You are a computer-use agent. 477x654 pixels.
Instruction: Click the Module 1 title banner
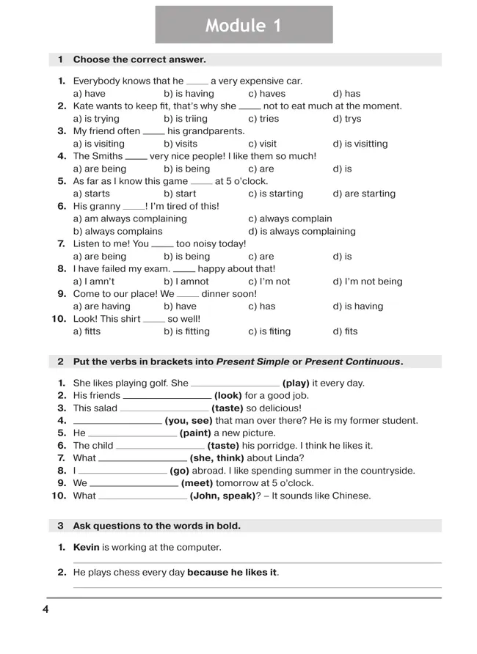tap(244, 25)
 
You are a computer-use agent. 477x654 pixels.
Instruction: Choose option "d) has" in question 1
tap(346, 94)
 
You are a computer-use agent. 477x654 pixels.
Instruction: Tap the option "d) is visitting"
tap(360, 144)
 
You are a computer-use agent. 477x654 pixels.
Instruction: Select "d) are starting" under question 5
tap(364, 194)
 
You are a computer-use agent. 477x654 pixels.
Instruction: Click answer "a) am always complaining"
tap(130, 218)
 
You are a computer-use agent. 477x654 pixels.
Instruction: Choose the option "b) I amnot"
tap(186, 282)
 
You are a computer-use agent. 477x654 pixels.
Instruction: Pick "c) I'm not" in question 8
tap(269, 282)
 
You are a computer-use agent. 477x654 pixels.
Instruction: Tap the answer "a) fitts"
tap(87, 331)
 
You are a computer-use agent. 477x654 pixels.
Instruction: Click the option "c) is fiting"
tap(269, 331)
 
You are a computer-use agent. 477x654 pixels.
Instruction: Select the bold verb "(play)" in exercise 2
tap(296, 383)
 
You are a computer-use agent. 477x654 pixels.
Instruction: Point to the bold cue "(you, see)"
tap(189, 421)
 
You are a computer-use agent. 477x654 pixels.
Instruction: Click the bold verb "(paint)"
tap(196, 433)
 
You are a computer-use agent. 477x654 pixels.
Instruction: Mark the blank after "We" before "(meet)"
tap(134, 484)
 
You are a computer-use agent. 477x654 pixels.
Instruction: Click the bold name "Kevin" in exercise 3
tap(86, 548)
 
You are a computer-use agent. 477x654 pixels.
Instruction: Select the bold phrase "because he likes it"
tap(233, 573)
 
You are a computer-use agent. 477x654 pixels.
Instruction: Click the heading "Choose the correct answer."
tap(139, 59)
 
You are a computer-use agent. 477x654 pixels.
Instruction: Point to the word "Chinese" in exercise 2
tap(352, 496)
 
